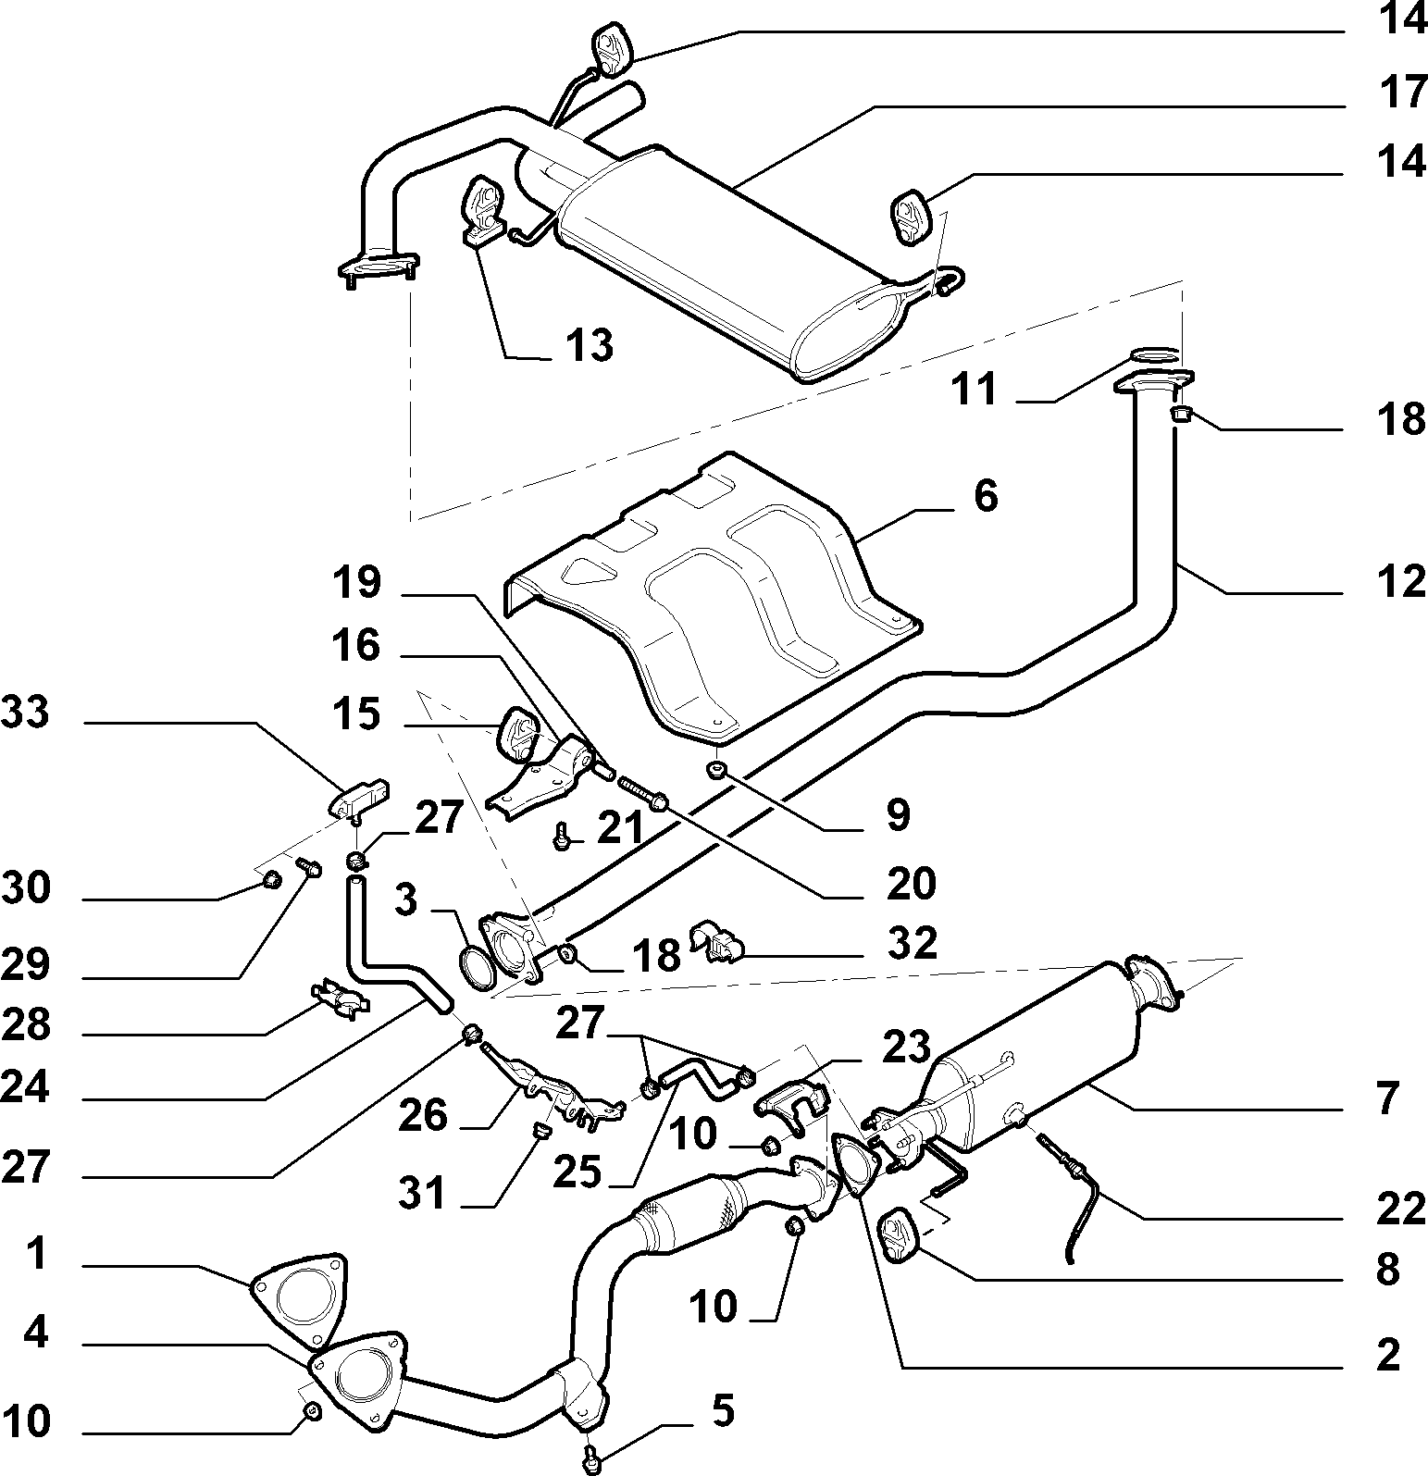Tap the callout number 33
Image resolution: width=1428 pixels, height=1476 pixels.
coord(25,713)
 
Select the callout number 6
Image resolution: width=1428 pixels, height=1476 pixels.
coord(986,496)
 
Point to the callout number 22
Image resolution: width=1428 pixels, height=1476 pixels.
coord(1401,1209)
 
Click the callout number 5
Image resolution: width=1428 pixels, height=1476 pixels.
coord(723,1411)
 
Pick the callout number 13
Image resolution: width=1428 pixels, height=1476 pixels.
coord(590,346)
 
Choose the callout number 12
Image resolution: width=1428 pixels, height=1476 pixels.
coord(1401,582)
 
